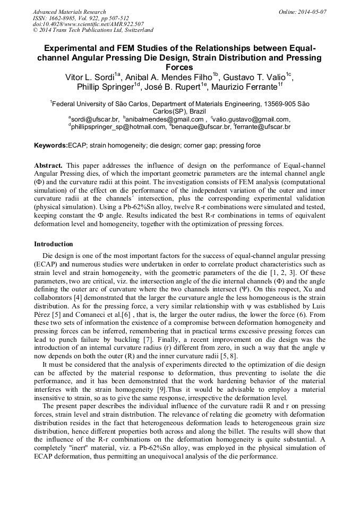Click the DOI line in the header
(88, 24)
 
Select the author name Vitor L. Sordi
(91, 77)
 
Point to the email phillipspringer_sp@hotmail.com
(118, 127)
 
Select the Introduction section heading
(54, 244)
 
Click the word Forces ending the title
(180, 67)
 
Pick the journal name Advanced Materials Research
(69, 12)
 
